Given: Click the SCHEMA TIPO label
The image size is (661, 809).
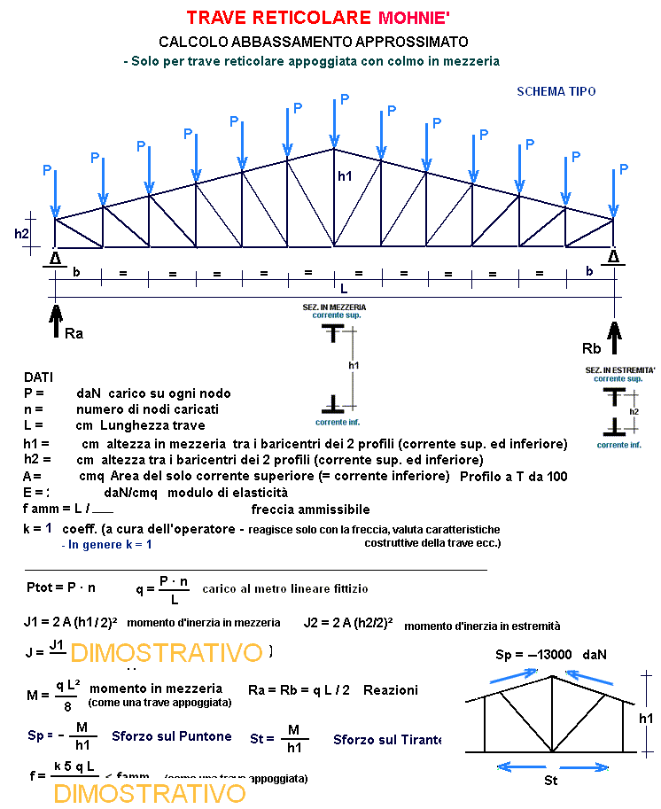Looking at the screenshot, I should pos(556,91).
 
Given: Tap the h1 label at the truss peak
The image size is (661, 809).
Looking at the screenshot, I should pos(345,176).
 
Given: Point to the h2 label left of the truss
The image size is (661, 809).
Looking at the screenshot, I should pos(22,234).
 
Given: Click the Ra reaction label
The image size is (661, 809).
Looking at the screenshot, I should pos(74,333).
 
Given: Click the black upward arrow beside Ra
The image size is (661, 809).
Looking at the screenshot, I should pos(55,319).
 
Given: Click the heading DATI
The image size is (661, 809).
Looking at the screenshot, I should pos(39,377).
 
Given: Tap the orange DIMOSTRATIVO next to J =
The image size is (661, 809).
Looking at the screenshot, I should pos(166,654).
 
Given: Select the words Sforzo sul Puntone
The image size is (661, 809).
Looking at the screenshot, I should pos(172,736).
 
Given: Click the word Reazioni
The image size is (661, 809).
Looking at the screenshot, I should pos(391,689).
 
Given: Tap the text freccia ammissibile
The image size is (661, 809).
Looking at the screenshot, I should pos(310,510).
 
